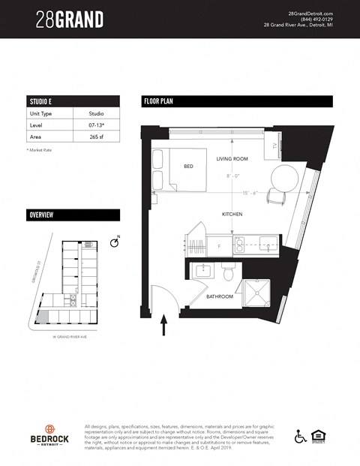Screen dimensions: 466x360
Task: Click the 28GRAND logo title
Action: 70,20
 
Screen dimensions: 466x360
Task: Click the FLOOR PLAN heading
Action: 158,101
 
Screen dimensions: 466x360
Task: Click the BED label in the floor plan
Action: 188,167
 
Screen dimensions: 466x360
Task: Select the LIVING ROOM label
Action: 232,159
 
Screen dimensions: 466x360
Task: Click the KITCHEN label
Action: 232,215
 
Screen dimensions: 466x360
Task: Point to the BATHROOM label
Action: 220,296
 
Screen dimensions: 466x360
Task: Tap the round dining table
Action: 283,179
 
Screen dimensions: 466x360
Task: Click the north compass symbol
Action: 114,242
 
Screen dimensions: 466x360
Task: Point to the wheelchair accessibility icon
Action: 300,435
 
